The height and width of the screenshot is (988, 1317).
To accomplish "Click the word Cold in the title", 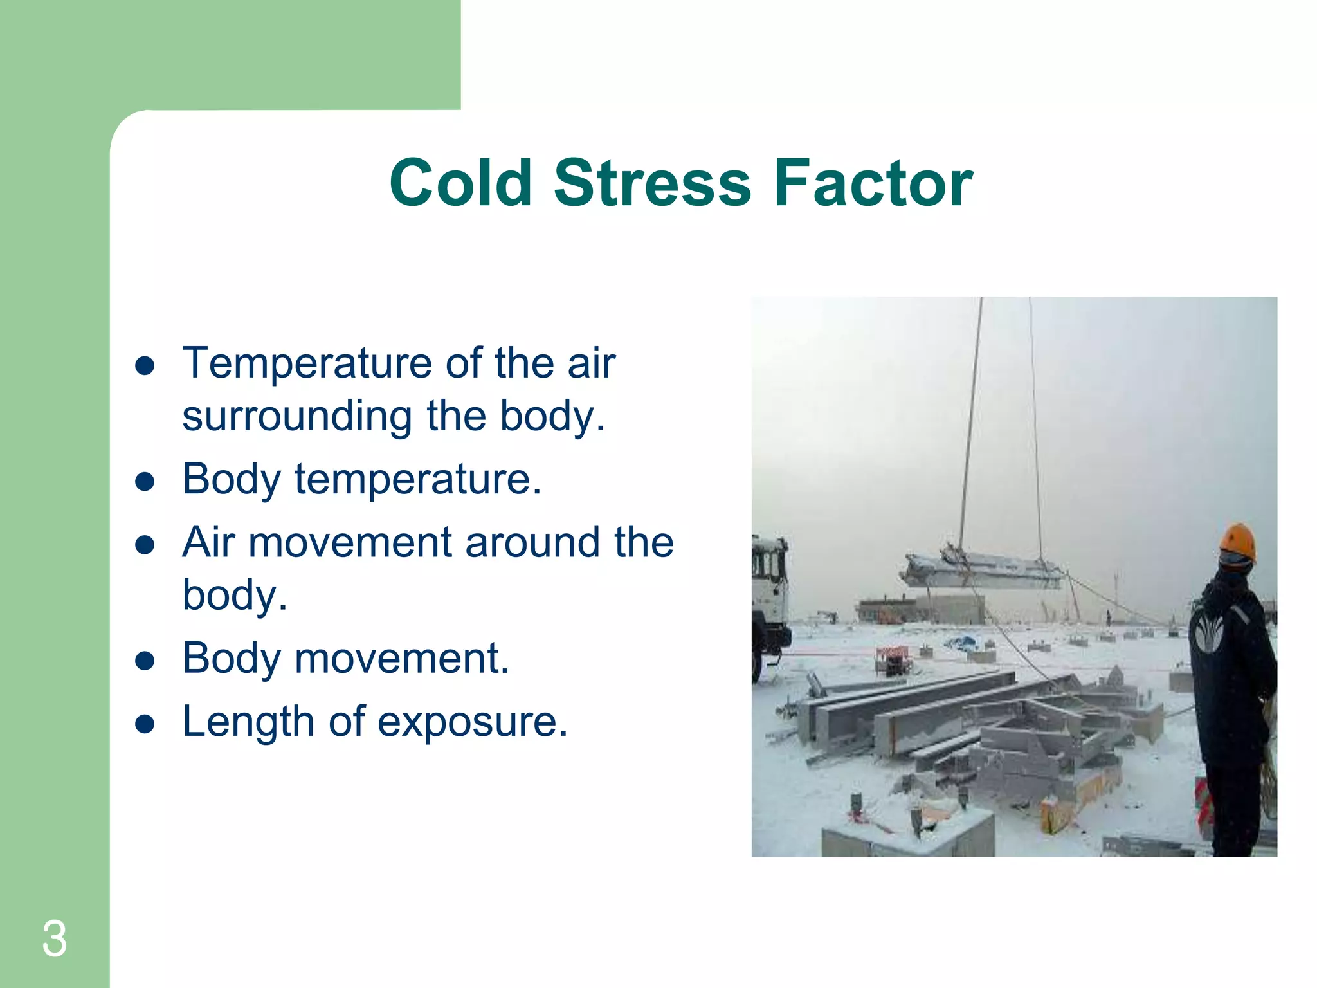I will coord(460,184).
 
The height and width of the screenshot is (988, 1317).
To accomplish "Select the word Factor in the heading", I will coord(873,184).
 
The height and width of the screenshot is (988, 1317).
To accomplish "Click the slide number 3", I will coord(54,939).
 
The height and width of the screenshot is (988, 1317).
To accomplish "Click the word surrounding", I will coord(296,417).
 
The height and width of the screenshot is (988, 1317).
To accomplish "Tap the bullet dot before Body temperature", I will coord(145,481).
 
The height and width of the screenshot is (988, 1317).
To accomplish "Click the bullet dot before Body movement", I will coord(145,660).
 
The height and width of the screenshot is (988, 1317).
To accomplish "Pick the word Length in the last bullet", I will coord(248,722).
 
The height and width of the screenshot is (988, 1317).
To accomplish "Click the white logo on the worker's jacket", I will coord(1208,630).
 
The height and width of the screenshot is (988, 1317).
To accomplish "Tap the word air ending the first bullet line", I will coord(592,365).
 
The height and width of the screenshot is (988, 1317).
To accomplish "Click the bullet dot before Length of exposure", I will coord(145,724).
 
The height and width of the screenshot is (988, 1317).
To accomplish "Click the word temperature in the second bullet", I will coord(417,480).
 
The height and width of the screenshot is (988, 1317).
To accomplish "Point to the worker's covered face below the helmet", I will coord(1233,565).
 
